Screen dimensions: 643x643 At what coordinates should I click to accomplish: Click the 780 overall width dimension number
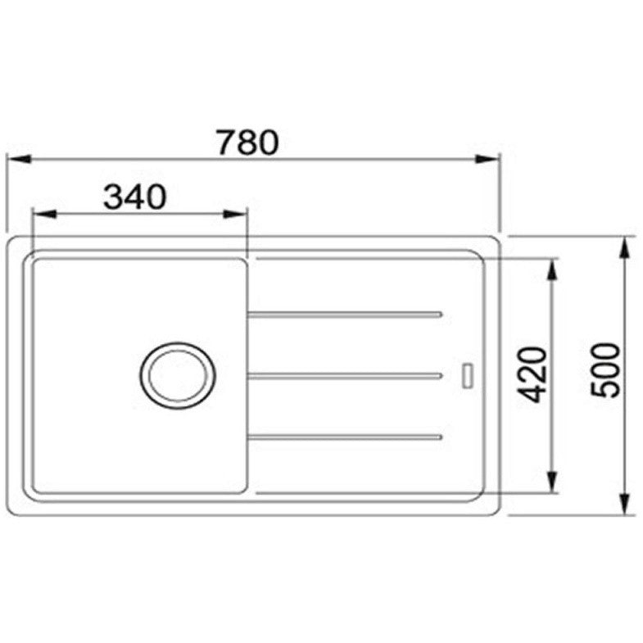click(x=247, y=143)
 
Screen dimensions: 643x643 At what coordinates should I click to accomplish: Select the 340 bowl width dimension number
click(x=135, y=197)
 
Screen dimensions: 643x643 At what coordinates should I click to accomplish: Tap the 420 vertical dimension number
click(x=533, y=374)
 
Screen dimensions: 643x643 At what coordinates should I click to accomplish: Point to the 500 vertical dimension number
click(x=605, y=371)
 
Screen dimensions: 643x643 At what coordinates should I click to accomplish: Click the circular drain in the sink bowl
click(x=177, y=375)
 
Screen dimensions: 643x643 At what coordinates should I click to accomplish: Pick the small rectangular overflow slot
click(x=468, y=375)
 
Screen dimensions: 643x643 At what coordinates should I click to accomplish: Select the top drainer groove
click(x=345, y=315)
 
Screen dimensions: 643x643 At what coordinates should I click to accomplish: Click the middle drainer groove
click(x=345, y=375)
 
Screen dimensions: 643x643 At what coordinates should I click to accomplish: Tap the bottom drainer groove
click(x=345, y=437)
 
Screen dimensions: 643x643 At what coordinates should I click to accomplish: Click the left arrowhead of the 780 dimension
click(x=19, y=159)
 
